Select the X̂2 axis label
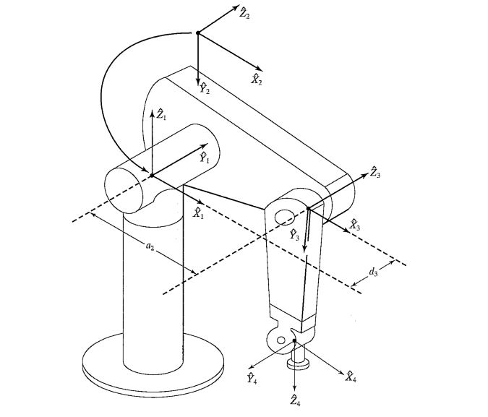257,79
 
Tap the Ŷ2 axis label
205,88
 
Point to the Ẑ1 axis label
161,114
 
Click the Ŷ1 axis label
205,158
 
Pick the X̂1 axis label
198,213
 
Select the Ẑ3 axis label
374,172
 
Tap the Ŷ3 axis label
294,235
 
